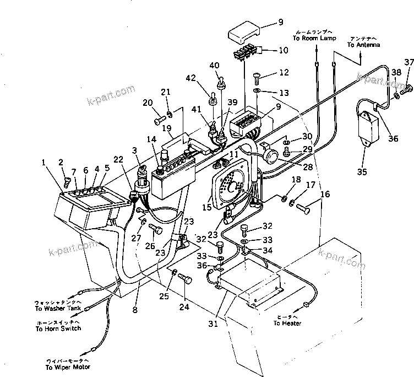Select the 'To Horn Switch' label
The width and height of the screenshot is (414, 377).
pos(58,328)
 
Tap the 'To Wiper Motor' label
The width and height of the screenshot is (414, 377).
pos(69,367)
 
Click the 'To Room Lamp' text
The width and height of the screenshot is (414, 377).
pos(314,39)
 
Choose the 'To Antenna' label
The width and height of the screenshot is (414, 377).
pos(362,45)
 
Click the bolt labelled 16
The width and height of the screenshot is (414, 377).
pos(303,208)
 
